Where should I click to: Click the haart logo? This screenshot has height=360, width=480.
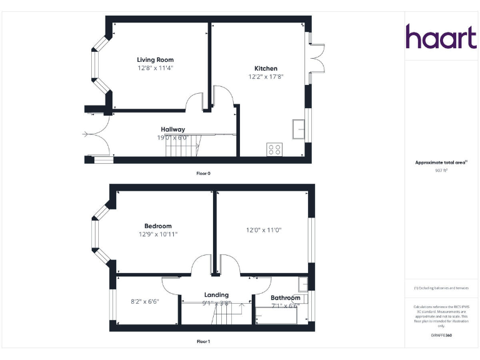pyautogui.click(x=441, y=37)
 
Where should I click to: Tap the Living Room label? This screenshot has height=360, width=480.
pyautogui.click(x=155, y=60)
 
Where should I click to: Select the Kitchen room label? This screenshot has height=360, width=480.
pyautogui.click(x=266, y=69)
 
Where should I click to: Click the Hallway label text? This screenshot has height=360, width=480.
pyautogui.click(x=173, y=129)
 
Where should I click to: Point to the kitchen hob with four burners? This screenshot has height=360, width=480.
pyautogui.click(x=274, y=149)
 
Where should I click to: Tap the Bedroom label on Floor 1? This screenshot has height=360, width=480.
pyautogui.click(x=157, y=226)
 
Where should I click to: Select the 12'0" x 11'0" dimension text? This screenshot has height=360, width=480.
pyautogui.click(x=263, y=230)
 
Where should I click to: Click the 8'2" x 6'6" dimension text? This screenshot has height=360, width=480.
pyautogui.click(x=145, y=301)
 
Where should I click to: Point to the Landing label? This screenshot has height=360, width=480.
pyautogui.click(x=216, y=295)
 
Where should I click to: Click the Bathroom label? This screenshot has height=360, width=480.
pyautogui.click(x=285, y=298)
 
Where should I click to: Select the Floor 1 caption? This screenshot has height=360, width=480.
pyautogui.click(x=203, y=342)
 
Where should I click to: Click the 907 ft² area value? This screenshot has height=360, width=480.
pyautogui.click(x=441, y=170)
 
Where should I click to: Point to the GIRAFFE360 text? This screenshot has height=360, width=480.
pyautogui.click(x=441, y=336)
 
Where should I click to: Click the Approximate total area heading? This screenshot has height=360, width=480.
pyautogui.click(x=441, y=162)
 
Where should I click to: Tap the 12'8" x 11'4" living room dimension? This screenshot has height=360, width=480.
pyautogui.click(x=155, y=67)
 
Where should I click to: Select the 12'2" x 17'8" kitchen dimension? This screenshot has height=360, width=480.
pyautogui.click(x=266, y=77)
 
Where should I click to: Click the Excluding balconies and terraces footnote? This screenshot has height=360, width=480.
pyautogui.click(x=441, y=288)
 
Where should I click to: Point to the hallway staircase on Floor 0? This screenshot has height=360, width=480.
pyautogui.click(x=182, y=148)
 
